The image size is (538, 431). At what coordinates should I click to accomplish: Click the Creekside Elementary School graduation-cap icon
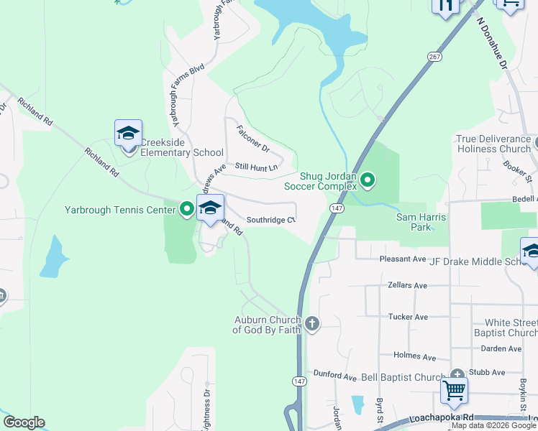click(128, 134)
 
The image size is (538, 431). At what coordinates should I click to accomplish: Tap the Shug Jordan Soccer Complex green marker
click(368, 180)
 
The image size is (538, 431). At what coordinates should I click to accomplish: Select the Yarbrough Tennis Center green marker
click(187, 210)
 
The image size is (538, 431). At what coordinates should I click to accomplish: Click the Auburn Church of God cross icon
click(312, 323)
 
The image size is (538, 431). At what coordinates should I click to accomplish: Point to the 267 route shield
click(434, 57)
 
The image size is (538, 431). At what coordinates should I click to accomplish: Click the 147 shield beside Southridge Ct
click(336, 207)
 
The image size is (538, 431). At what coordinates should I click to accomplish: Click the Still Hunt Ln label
click(257, 167)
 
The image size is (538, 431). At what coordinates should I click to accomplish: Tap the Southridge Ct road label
click(271, 220)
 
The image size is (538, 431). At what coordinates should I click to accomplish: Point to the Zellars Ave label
click(407, 285)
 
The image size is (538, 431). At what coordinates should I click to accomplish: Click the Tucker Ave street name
click(408, 317)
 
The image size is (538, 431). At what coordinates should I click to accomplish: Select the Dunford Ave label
click(335, 376)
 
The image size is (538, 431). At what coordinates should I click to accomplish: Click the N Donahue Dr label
click(492, 44)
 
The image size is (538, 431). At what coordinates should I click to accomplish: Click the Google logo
click(24, 422)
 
